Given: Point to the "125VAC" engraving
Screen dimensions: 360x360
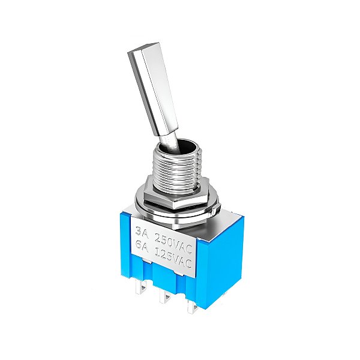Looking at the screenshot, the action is point(173,258).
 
